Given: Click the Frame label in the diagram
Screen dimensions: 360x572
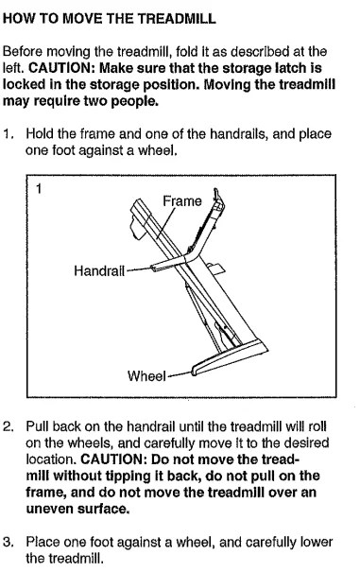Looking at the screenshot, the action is click(x=182, y=201).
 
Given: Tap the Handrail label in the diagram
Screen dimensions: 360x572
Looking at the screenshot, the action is click(x=99, y=271).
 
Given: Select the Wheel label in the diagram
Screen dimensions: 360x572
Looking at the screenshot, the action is click(x=146, y=375).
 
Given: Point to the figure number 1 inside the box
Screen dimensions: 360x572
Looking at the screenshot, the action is click(x=39, y=189).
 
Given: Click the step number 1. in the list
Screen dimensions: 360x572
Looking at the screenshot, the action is click(x=9, y=134).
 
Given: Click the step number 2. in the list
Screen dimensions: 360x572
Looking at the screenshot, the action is click(x=9, y=426).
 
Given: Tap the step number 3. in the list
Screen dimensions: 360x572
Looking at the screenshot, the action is click(x=9, y=542).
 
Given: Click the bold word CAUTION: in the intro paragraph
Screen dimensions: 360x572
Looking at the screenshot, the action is click(x=61, y=68).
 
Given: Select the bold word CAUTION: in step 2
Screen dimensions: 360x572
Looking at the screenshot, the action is click(x=113, y=459).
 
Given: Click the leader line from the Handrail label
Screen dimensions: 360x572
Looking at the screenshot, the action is click(x=139, y=269).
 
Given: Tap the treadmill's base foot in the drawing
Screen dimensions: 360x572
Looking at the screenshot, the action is click(x=230, y=357).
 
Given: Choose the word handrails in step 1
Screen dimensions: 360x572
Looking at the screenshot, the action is click(x=234, y=134).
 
